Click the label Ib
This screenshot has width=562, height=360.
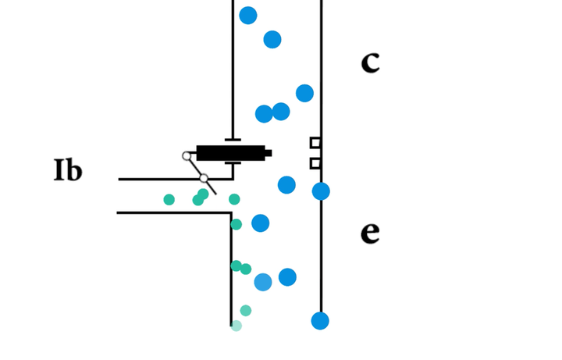(x=68, y=171)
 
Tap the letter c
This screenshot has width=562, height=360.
(x=370, y=62)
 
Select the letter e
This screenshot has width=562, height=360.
(x=370, y=233)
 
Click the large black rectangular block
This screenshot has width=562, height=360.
(x=230, y=153)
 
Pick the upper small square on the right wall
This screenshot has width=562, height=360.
(x=315, y=143)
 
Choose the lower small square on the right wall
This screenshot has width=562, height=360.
(x=315, y=163)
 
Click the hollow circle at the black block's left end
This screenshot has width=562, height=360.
(x=187, y=156)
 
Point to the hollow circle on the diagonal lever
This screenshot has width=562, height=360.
(x=204, y=178)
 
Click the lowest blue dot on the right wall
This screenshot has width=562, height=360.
(x=320, y=321)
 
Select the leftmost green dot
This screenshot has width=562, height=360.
(x=169, y=200)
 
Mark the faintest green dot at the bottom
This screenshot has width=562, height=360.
(x=237, y=326)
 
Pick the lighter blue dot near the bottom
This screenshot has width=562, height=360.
(x=263, y=283)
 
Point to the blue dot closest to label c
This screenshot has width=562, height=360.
(x=304, y=94)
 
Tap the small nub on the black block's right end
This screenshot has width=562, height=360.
(x=268, y=153)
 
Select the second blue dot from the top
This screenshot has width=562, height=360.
(x=272, y=40)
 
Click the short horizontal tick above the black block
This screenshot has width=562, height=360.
(x=233, y=140)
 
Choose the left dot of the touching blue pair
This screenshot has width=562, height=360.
(x=264, y=114)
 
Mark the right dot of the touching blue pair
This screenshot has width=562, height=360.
(x=281, y=112)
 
